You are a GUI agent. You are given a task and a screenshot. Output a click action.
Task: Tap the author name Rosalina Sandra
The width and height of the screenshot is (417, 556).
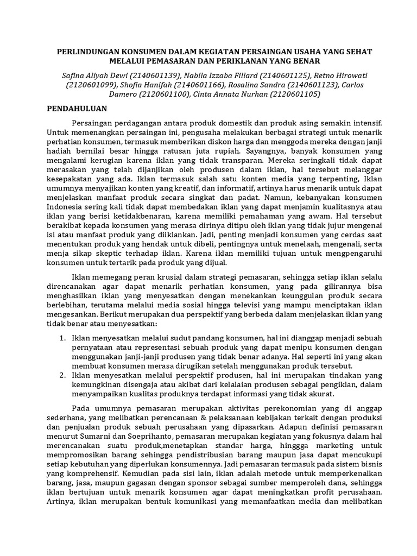click(247, 84)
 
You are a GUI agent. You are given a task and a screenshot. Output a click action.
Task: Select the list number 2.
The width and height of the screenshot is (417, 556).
click(61, 374)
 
